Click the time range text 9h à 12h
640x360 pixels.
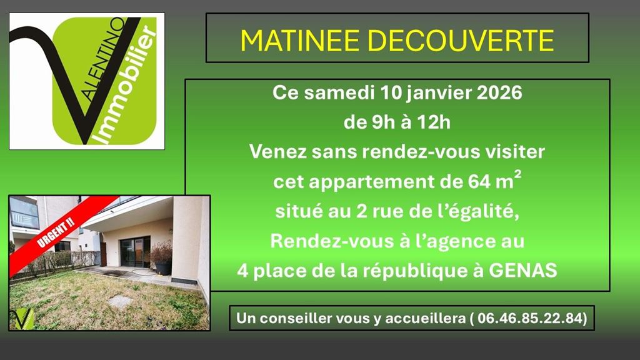click(x=397, y=122)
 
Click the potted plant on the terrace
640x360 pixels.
click(x=162, y=257)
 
